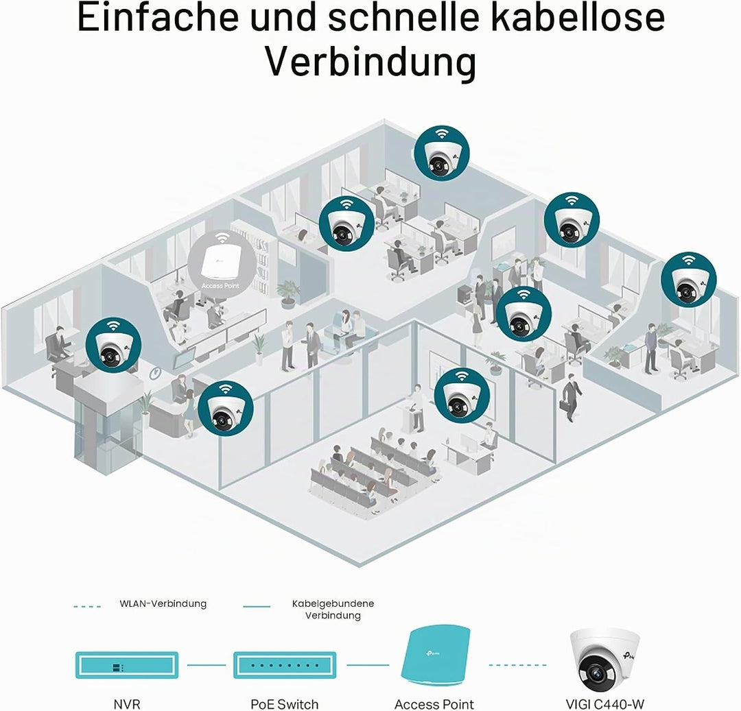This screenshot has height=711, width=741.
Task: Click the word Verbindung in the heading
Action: (370, 62)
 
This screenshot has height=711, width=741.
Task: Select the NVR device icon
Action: (127, 665)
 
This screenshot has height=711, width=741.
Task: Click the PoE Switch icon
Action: (285, 665)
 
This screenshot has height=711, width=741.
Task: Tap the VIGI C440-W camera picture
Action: (605, 659)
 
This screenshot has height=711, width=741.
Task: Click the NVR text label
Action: (127, 704)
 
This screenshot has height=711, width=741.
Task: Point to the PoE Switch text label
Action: (285, 704)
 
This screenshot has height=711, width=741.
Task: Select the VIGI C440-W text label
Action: (605, 704)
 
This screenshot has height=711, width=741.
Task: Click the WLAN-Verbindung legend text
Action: (163, 604)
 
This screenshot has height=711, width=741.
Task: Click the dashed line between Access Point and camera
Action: (518, 665)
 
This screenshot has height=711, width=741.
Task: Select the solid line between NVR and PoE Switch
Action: (207, 665)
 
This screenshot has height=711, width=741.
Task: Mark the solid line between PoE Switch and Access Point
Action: (368, 665)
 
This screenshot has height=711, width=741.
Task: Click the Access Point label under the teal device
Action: (434, 704)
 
